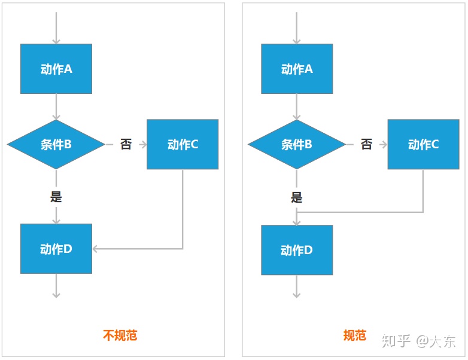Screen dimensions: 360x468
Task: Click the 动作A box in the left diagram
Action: tap(56, 69)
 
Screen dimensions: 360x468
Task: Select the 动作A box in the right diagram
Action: tap(297, 69)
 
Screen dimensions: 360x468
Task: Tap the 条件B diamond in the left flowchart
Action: tap(56, 144)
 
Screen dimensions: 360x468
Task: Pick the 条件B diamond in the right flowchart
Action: tap(297, 144)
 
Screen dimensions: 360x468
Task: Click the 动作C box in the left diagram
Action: tap(183, 144)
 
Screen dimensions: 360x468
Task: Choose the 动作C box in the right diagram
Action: tap(423, 144)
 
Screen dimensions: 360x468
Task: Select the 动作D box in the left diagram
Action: tap(56, 249)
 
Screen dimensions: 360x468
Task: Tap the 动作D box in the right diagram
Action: tap(297, 250)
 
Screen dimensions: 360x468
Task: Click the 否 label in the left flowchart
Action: tap(126, 144)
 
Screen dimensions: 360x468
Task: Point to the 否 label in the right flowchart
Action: tap(366, 144)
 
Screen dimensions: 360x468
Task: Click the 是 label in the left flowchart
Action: tap(56, 196)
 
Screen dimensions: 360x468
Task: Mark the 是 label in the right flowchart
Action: tap(297, 197)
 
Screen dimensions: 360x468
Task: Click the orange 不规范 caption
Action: tap(120, 335)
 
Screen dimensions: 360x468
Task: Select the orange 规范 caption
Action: tap(354, 335)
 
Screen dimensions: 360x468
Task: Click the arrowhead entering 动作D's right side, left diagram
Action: tap(96, 249)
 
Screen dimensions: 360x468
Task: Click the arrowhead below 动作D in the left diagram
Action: tap(56, 294)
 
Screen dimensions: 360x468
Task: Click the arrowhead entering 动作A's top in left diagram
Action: tap(56, 40)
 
